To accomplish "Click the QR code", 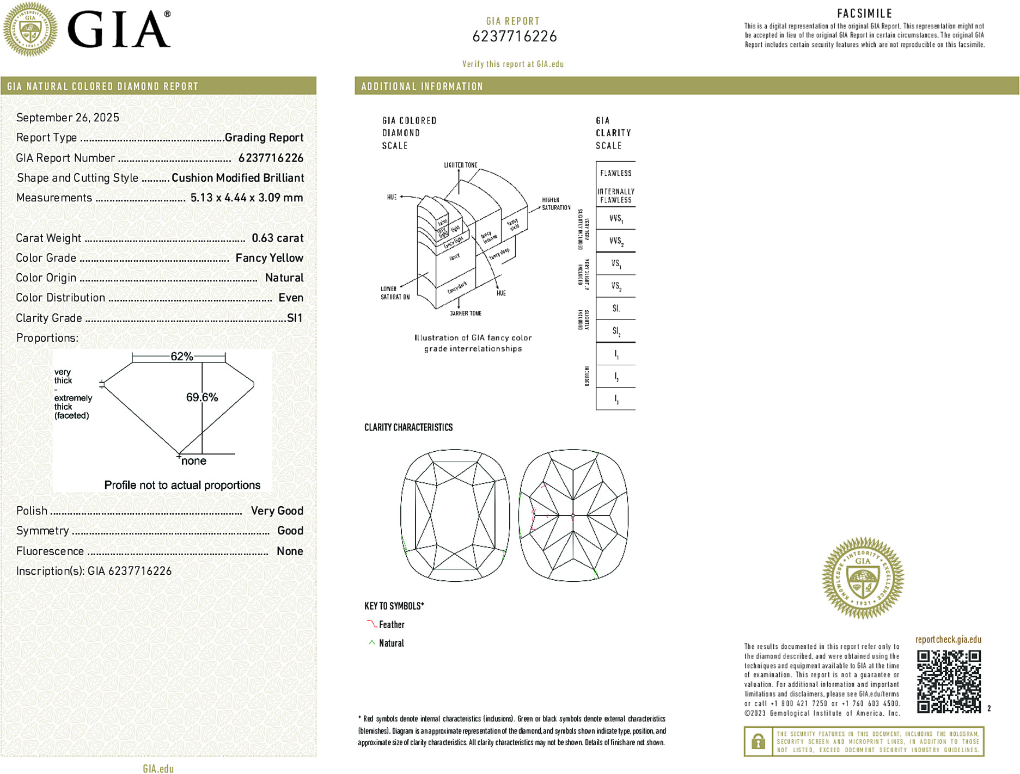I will coord(948,681).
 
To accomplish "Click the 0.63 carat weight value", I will coord(277,238).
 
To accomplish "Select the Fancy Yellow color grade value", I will coord(269,258).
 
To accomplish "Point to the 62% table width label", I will coord(181,357).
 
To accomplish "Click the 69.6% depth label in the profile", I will coord(202,397).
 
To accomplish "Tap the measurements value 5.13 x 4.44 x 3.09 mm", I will coord(246,198).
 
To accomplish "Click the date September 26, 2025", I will coord(68,118).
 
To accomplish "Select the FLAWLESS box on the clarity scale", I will coord(616,173).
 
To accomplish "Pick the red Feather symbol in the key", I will coord(371,624).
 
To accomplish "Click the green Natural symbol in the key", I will coord(371,643).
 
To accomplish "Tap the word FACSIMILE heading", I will coord(864,14).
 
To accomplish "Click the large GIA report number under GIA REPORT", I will coord(514,36).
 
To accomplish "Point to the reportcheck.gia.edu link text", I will coord(948,640).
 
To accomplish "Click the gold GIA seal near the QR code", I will coord(863,578).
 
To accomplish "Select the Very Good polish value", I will coord(277,511).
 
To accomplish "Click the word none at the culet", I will coord(194,461).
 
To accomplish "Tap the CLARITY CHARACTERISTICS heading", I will coord(408,427).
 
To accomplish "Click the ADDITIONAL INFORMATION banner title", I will coord(422,87).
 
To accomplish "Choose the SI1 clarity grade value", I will coord(294,318).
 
